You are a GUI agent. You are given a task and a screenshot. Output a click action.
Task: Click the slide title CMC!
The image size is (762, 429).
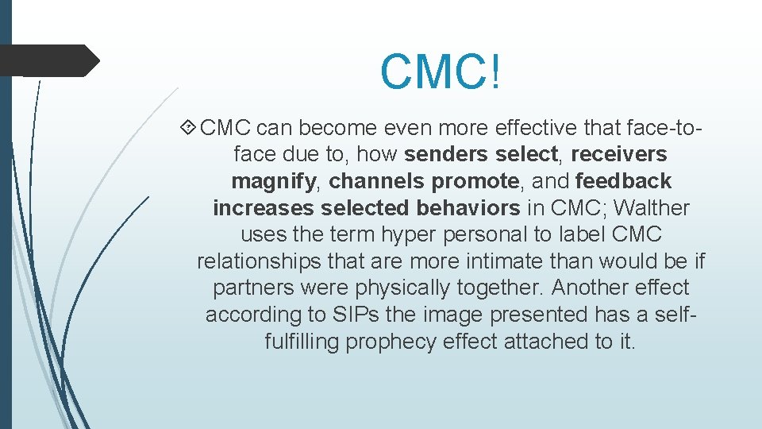point(441,71)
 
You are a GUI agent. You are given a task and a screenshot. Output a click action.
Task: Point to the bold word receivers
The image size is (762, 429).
point(618,153)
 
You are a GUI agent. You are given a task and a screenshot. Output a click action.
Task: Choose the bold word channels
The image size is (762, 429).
point(377,181)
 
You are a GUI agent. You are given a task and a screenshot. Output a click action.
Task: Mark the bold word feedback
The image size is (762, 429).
point(623,181)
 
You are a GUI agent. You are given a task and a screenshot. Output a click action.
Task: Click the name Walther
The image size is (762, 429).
point(652,208)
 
